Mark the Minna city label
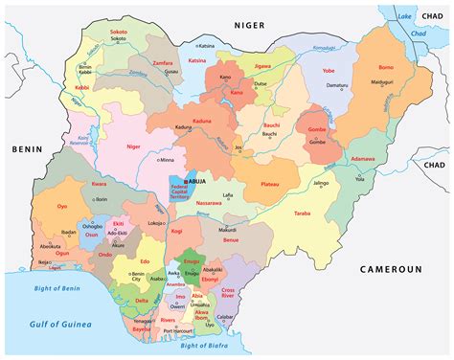[x=167, y=161]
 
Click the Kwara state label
[x=99, y=183]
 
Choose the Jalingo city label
[x=321, y=183]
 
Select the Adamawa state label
[x=363, y=157]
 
